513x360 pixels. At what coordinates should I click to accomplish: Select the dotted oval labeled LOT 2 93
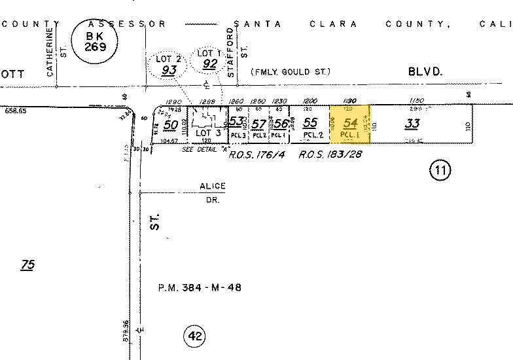tap(168, 63)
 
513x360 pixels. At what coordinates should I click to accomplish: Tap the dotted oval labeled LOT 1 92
tap(209, 58)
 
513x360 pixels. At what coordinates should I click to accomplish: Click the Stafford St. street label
tap(236, 52)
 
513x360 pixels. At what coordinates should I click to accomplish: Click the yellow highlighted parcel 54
tap(350, 124)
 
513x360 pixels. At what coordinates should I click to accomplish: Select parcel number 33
tap(412, 122)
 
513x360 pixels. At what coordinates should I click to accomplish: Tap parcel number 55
tap(310, 122)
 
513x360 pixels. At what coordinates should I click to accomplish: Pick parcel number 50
tap(171, 124)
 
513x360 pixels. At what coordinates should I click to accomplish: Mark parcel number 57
tap(258, 123)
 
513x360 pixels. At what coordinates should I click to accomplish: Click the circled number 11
tap(440, 171)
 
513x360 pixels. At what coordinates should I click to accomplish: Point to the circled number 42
tap(194, 336)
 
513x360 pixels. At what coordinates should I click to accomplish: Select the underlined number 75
tap(27, 265)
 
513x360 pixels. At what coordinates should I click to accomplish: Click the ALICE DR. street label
tap(213, 191)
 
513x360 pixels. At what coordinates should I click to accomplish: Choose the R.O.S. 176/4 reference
tap(257, 155)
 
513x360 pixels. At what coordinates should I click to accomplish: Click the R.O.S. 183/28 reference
tap(330, 155)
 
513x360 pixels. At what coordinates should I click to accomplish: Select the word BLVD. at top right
tap(425, 72)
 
